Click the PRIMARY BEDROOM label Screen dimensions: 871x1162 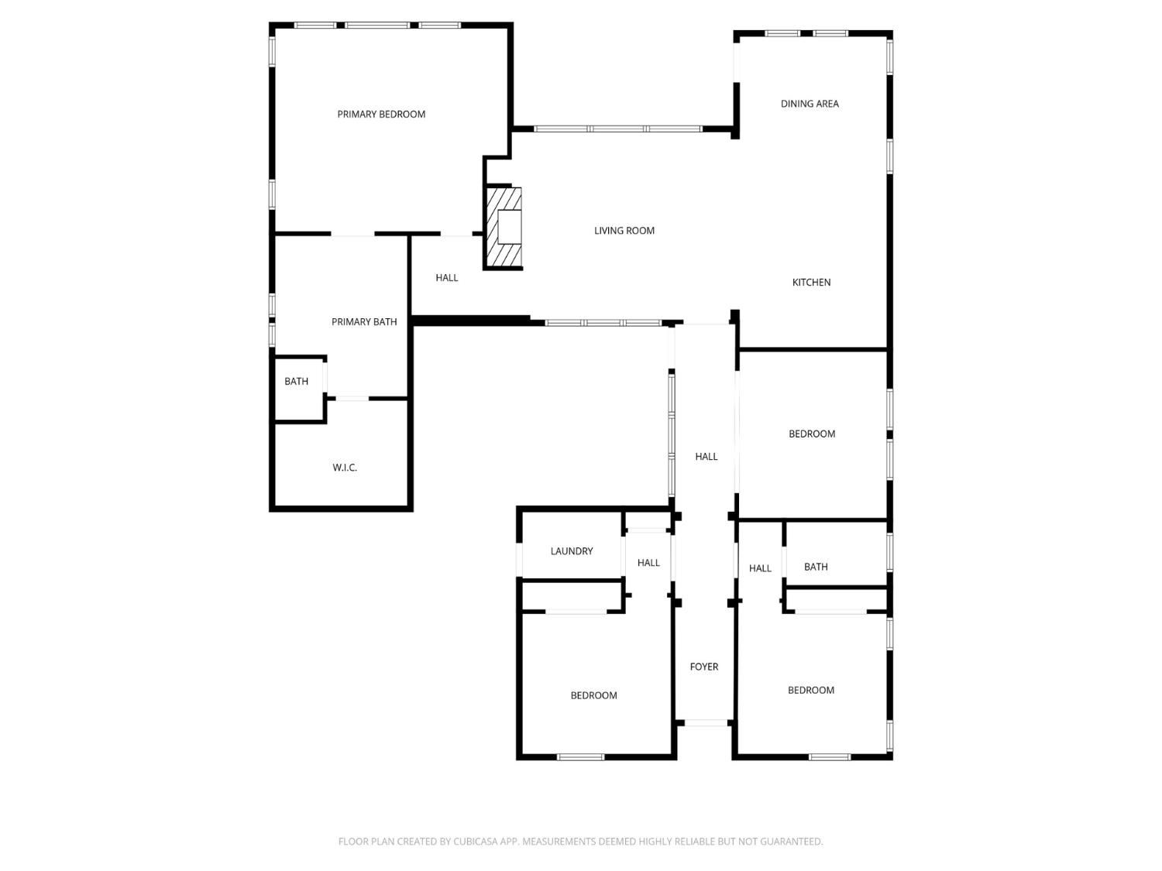click(381, 115)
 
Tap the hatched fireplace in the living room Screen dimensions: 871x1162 click(504, 228)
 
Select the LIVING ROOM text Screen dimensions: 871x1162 click(624, 231)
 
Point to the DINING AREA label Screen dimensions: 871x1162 click(810, 104)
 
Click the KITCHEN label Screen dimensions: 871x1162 click(811, 283)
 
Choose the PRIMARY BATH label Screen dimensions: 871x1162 click(364, 322)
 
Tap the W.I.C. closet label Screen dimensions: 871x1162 click(345, 468)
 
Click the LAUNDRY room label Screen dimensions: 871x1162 click(572, 551)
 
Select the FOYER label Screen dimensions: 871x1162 click(704, 667)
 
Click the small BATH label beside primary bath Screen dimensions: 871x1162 click(296, 382)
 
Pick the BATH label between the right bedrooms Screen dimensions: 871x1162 click(816, 567)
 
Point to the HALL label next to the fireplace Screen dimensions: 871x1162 click(447, 278)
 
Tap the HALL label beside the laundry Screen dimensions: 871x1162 click(648, 563)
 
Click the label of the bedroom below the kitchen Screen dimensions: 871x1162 click(812, 434)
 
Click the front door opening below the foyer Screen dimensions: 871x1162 click(706, 723)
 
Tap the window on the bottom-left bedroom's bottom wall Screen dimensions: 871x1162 click(580, 756)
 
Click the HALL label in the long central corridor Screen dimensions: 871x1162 click(706, 457)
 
